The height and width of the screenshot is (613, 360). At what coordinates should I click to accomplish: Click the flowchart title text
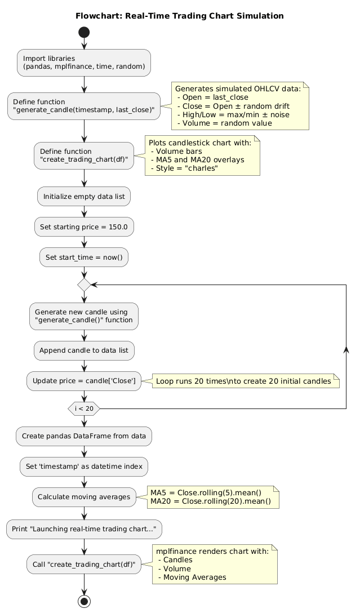click(x=180, y=16)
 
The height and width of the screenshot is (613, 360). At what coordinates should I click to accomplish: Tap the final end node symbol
click(x=84, y=599)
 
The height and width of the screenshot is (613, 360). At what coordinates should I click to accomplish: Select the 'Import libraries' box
click(x=84, y=63)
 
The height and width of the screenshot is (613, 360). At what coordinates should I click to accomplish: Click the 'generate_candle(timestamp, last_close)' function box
click(x=84, y=106)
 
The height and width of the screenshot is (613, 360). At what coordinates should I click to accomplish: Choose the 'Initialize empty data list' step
click(x=84, y=197)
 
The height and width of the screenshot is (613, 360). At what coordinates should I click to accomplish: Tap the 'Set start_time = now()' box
click(x=84, y=257)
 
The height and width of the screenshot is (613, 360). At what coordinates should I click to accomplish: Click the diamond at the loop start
click(x=84, y=285)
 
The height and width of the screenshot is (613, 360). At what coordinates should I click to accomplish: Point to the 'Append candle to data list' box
click(x=84, y=350)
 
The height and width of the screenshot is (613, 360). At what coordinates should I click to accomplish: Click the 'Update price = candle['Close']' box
click(x=84, y=381)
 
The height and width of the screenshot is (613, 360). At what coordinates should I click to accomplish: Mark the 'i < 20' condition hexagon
click(x=84, y=408)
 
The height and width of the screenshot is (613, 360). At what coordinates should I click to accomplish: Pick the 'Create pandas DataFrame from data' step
click(x=84, y=436)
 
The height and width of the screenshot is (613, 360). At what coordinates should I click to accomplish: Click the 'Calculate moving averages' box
click(x=84, y=497)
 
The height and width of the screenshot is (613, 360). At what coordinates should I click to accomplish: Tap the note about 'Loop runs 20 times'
click(x=243, y=381)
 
